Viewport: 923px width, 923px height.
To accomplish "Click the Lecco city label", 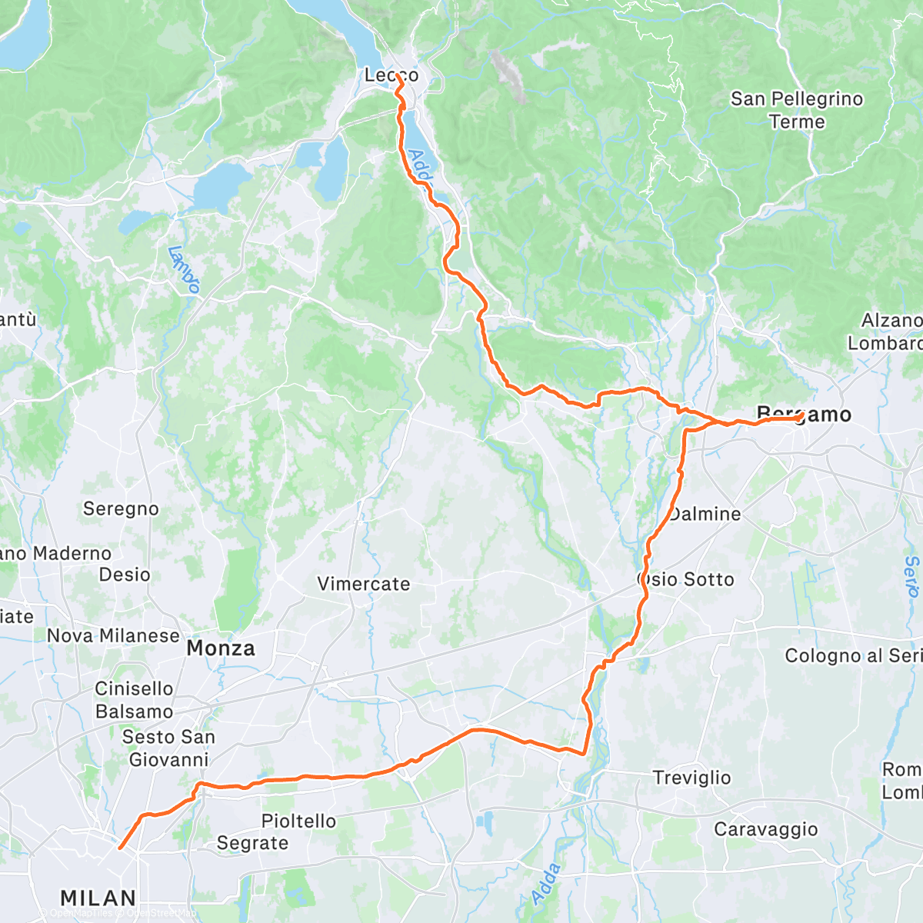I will pos(392,75).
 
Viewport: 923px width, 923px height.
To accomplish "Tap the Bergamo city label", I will pos(805,415).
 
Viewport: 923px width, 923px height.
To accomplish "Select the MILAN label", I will pos(98,898).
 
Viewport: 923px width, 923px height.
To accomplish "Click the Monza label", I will pos(221,648).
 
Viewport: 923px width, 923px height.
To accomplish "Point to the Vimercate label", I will pos(364,584).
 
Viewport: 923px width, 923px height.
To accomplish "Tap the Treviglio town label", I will pos(691,778).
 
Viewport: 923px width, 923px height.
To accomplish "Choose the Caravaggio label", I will pos(766,829).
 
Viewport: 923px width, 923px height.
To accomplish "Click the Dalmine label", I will pos(705,514).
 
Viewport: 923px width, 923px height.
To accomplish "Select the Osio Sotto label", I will pos(686,579).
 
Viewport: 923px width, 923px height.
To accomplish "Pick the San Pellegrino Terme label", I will pos(797,110).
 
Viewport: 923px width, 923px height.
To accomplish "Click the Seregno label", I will pos(121,508).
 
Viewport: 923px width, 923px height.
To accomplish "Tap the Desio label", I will pos(125,575).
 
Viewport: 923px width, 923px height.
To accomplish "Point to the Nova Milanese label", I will pos(113,635).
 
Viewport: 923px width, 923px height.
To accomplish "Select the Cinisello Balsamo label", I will pos(134,700).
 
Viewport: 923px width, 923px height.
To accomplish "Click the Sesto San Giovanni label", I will pos(168,748).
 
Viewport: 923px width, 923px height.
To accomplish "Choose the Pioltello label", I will pos(298,821).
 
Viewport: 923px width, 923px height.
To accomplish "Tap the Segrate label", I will pos(252,843).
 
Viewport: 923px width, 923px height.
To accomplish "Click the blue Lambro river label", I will pos(185,270).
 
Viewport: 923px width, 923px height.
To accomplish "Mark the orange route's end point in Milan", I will pos(120,848).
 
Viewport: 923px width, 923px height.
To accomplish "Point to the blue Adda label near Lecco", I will pos(421,168).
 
